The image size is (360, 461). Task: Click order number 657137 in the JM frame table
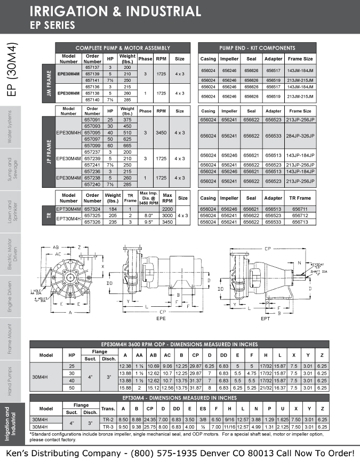pyautogui.click(x=93, y=68)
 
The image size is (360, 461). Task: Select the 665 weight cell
pyautogui.click(x=127, y=145)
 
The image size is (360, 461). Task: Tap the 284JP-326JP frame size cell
pyautogui.click(x=300, y=136)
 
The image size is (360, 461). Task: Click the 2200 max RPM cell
pyautogui.click(x=167, y=209)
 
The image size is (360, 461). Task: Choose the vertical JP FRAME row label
pyautogui.click(x=49, y=150)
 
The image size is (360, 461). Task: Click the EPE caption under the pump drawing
pyautogui.click(x=161, y=318)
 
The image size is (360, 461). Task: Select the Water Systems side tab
pyautogui.click(x=10, y=127)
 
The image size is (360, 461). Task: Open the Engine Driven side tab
pyautogui.click(x=10, y=296)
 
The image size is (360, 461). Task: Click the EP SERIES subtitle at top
pyautogui.click(x=52, y=25)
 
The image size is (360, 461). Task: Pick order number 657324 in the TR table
pyautogui.click(x=93, y=209)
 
